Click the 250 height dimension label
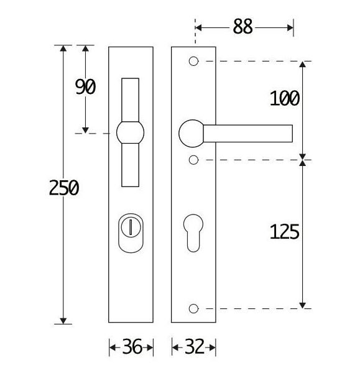point(64,188)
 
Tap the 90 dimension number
point(85,87)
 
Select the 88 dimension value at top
point(242,27)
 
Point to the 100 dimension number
point(285,98)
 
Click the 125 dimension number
point(285,232)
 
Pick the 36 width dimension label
point(131,347)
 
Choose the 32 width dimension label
point(194,347)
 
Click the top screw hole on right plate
point(193,62)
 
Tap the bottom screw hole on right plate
point(193,308)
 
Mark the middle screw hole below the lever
point(193,160)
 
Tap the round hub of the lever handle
point(192,133)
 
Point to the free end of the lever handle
point(288,133)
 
